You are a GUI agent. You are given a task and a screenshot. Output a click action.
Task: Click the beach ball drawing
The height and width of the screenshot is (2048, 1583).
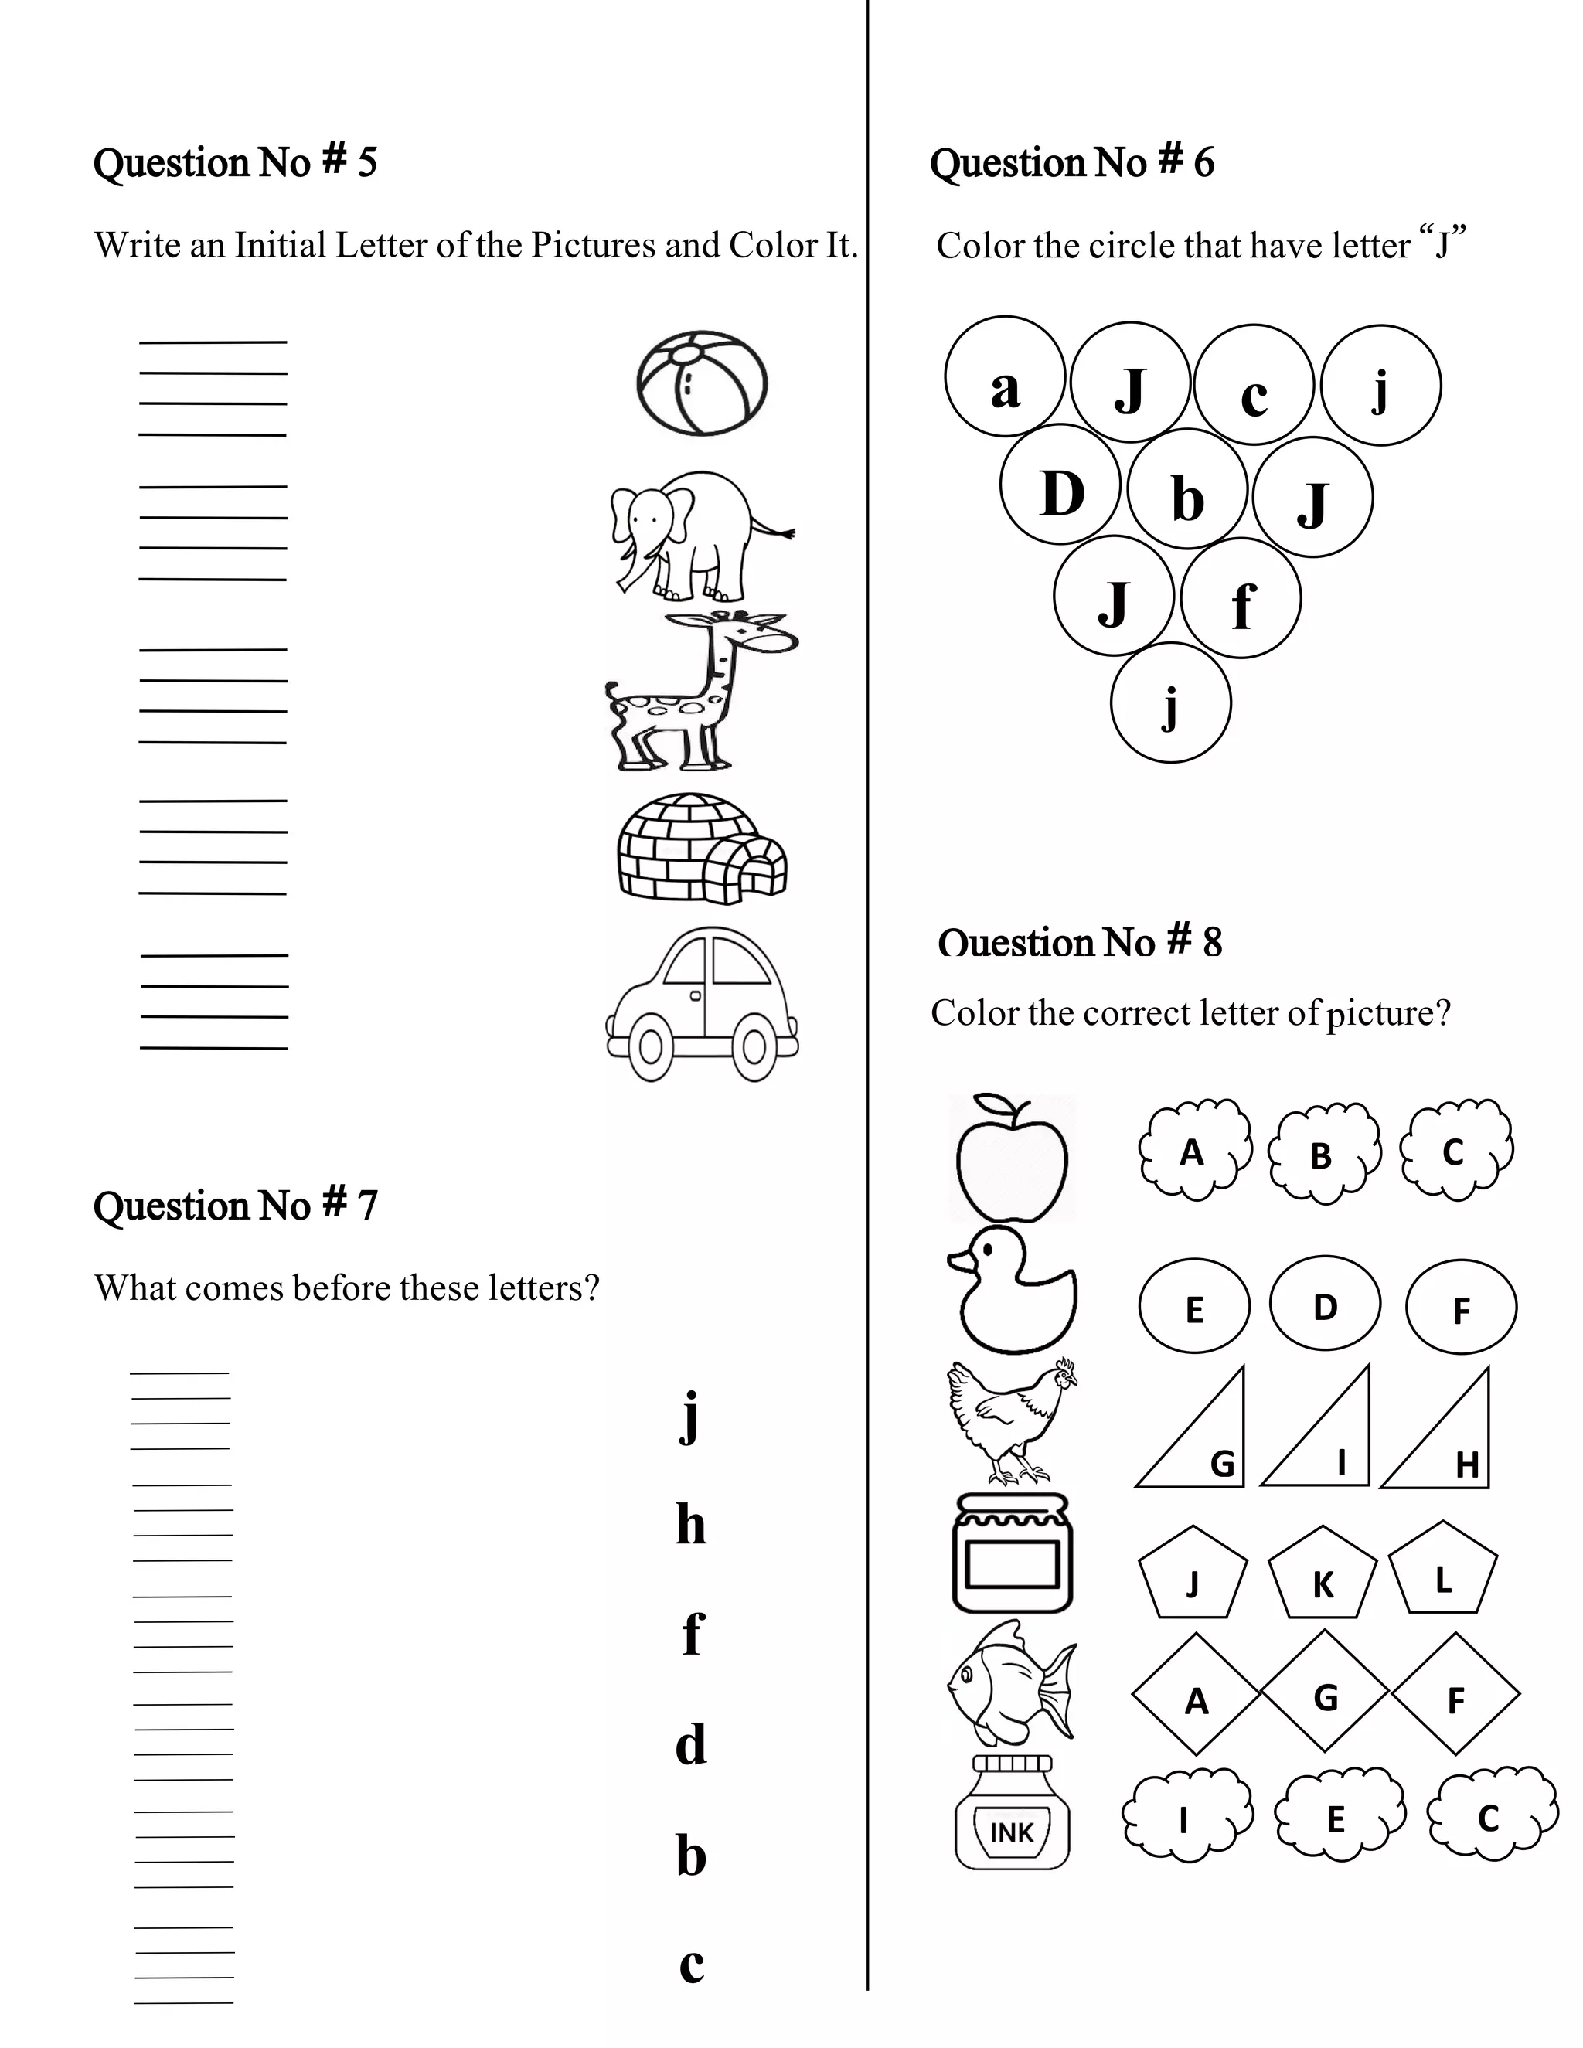(x=702, y=383)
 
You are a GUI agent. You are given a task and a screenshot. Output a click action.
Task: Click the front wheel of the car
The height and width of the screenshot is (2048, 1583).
(x=753, y=1049)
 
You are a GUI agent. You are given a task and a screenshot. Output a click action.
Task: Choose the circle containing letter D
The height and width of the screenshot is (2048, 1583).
(x=1060, y=485)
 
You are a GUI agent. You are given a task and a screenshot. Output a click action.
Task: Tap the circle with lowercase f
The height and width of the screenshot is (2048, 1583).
(x=1241, y=597)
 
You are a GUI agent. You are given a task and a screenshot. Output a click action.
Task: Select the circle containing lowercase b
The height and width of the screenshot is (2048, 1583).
(x=1187, y=488)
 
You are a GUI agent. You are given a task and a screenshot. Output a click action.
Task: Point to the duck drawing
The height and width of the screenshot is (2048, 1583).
(x=1013, y=1291)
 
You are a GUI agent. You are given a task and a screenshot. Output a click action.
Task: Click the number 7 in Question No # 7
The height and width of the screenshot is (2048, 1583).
(x=366, y=1206)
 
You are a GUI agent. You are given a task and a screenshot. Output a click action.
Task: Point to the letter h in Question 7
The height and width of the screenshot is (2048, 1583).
(x=691, y=1526)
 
